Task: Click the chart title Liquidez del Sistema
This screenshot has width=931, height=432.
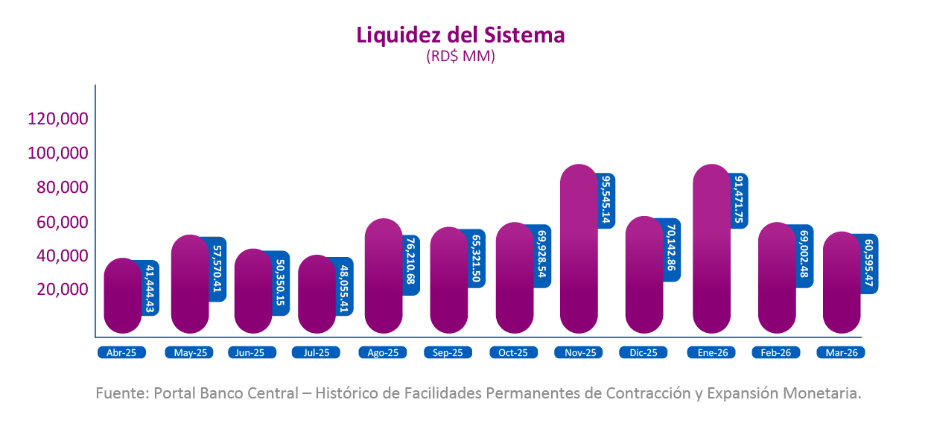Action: (460, 35)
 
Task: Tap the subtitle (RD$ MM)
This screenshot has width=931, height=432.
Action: (460, 57)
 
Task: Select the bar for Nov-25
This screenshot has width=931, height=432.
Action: (579, 250)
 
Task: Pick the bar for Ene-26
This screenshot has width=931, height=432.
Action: (712, 250)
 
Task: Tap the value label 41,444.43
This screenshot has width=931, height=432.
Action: (150, 288)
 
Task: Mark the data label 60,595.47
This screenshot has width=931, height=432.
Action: (868, 264)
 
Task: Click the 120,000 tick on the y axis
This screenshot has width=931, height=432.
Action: (58, 118)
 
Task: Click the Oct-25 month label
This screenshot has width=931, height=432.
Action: (513, 353)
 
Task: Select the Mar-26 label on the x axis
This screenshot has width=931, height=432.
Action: (841, 353)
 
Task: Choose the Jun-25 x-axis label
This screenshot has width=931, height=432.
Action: (252, 353)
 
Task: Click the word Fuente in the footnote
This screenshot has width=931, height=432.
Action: (120, 393)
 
